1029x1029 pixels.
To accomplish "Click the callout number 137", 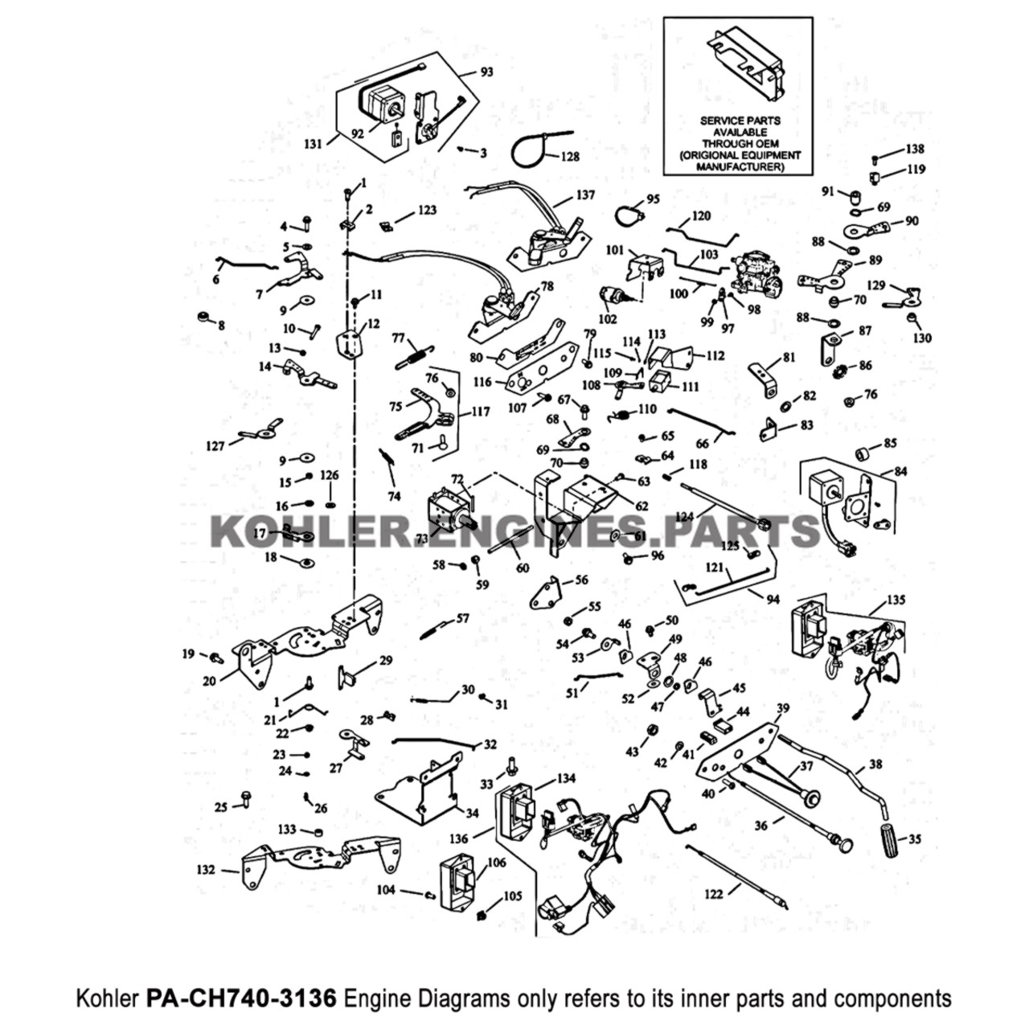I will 585,195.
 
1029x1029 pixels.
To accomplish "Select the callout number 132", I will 207,869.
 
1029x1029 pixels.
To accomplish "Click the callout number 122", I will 713,892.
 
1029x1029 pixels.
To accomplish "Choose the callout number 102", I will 608,318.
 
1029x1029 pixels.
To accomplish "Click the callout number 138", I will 915,149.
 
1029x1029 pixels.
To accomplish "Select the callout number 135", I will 896,601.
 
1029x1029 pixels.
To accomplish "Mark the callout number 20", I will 210,680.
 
